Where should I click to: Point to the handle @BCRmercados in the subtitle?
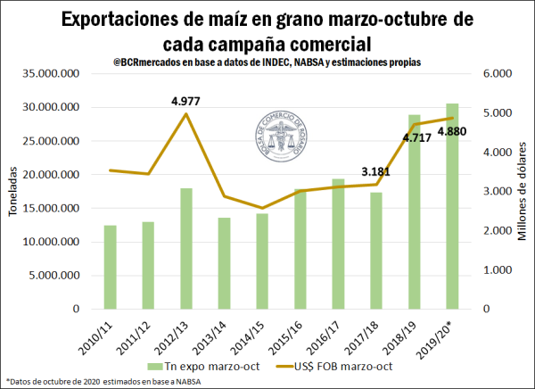coord(147,62)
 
